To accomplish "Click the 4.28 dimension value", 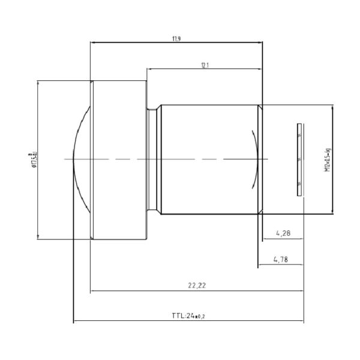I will [x=281, y=233].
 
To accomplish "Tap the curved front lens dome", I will [x=78, y=160].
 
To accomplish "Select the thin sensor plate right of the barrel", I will [x=299, y=160].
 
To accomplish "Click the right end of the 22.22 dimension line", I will [x=303, y=292].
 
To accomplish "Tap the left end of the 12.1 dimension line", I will [x=147, y=69].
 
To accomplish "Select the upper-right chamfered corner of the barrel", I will [x=260, y=106].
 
